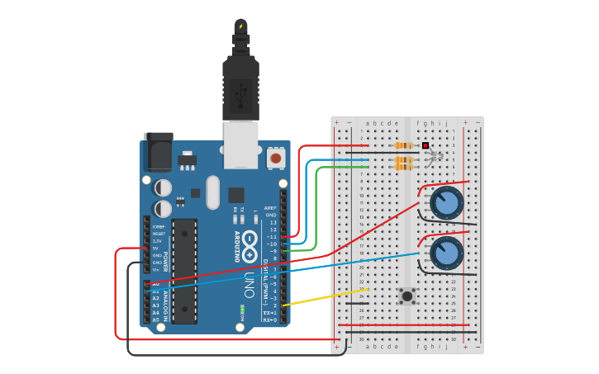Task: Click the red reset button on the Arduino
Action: pos(275,156)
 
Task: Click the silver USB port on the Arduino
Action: pos(240,144)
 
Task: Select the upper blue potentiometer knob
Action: pos(447,202)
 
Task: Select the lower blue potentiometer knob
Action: pos(446,253)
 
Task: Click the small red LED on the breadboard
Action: pos(425,145)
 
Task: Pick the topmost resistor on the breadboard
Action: pos(404,145)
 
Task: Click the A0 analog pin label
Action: pos(155,284)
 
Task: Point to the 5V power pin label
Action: pos(155,248)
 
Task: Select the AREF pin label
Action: pos(270,208)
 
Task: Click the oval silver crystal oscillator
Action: pos(212,192)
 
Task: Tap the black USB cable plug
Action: pos(240,83)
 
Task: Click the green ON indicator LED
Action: pos(242,310)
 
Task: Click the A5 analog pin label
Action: pos(155,320)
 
